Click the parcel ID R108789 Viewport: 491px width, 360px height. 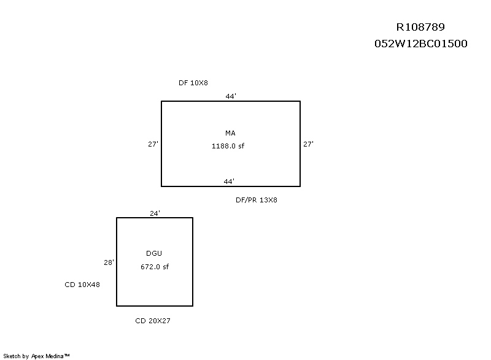(x=420, y=27)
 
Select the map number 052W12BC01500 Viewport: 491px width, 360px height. (x=420, y=44)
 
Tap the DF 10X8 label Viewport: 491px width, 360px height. (x=193, y=83)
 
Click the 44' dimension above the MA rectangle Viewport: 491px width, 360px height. (x=231, y=96)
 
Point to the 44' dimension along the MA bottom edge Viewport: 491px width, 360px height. (x=229, y=181)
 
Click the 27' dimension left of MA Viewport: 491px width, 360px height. (x=153, y=144)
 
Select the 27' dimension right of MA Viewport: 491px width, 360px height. (x=308, y=144)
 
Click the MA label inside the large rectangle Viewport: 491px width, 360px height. (x=230, y=133)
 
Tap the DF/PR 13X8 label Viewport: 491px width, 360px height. (x=257, y=200)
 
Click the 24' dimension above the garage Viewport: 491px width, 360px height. (x=155, y=213)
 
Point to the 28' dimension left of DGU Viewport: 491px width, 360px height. (x=109, y=262)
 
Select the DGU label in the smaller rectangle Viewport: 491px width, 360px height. (x=154, y=253)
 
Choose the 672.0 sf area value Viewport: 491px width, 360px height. (x=154, y=267)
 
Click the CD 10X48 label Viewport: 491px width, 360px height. (x=82, y=285)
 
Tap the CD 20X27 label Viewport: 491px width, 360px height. (x=153, y=321)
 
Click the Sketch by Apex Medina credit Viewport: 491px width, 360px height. (x=37, y=356)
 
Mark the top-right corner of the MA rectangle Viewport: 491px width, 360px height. (x=300, y=101)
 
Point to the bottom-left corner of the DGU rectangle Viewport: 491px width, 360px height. (x=117, y=305)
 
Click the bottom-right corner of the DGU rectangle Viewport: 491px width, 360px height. (x=193, y=305)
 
